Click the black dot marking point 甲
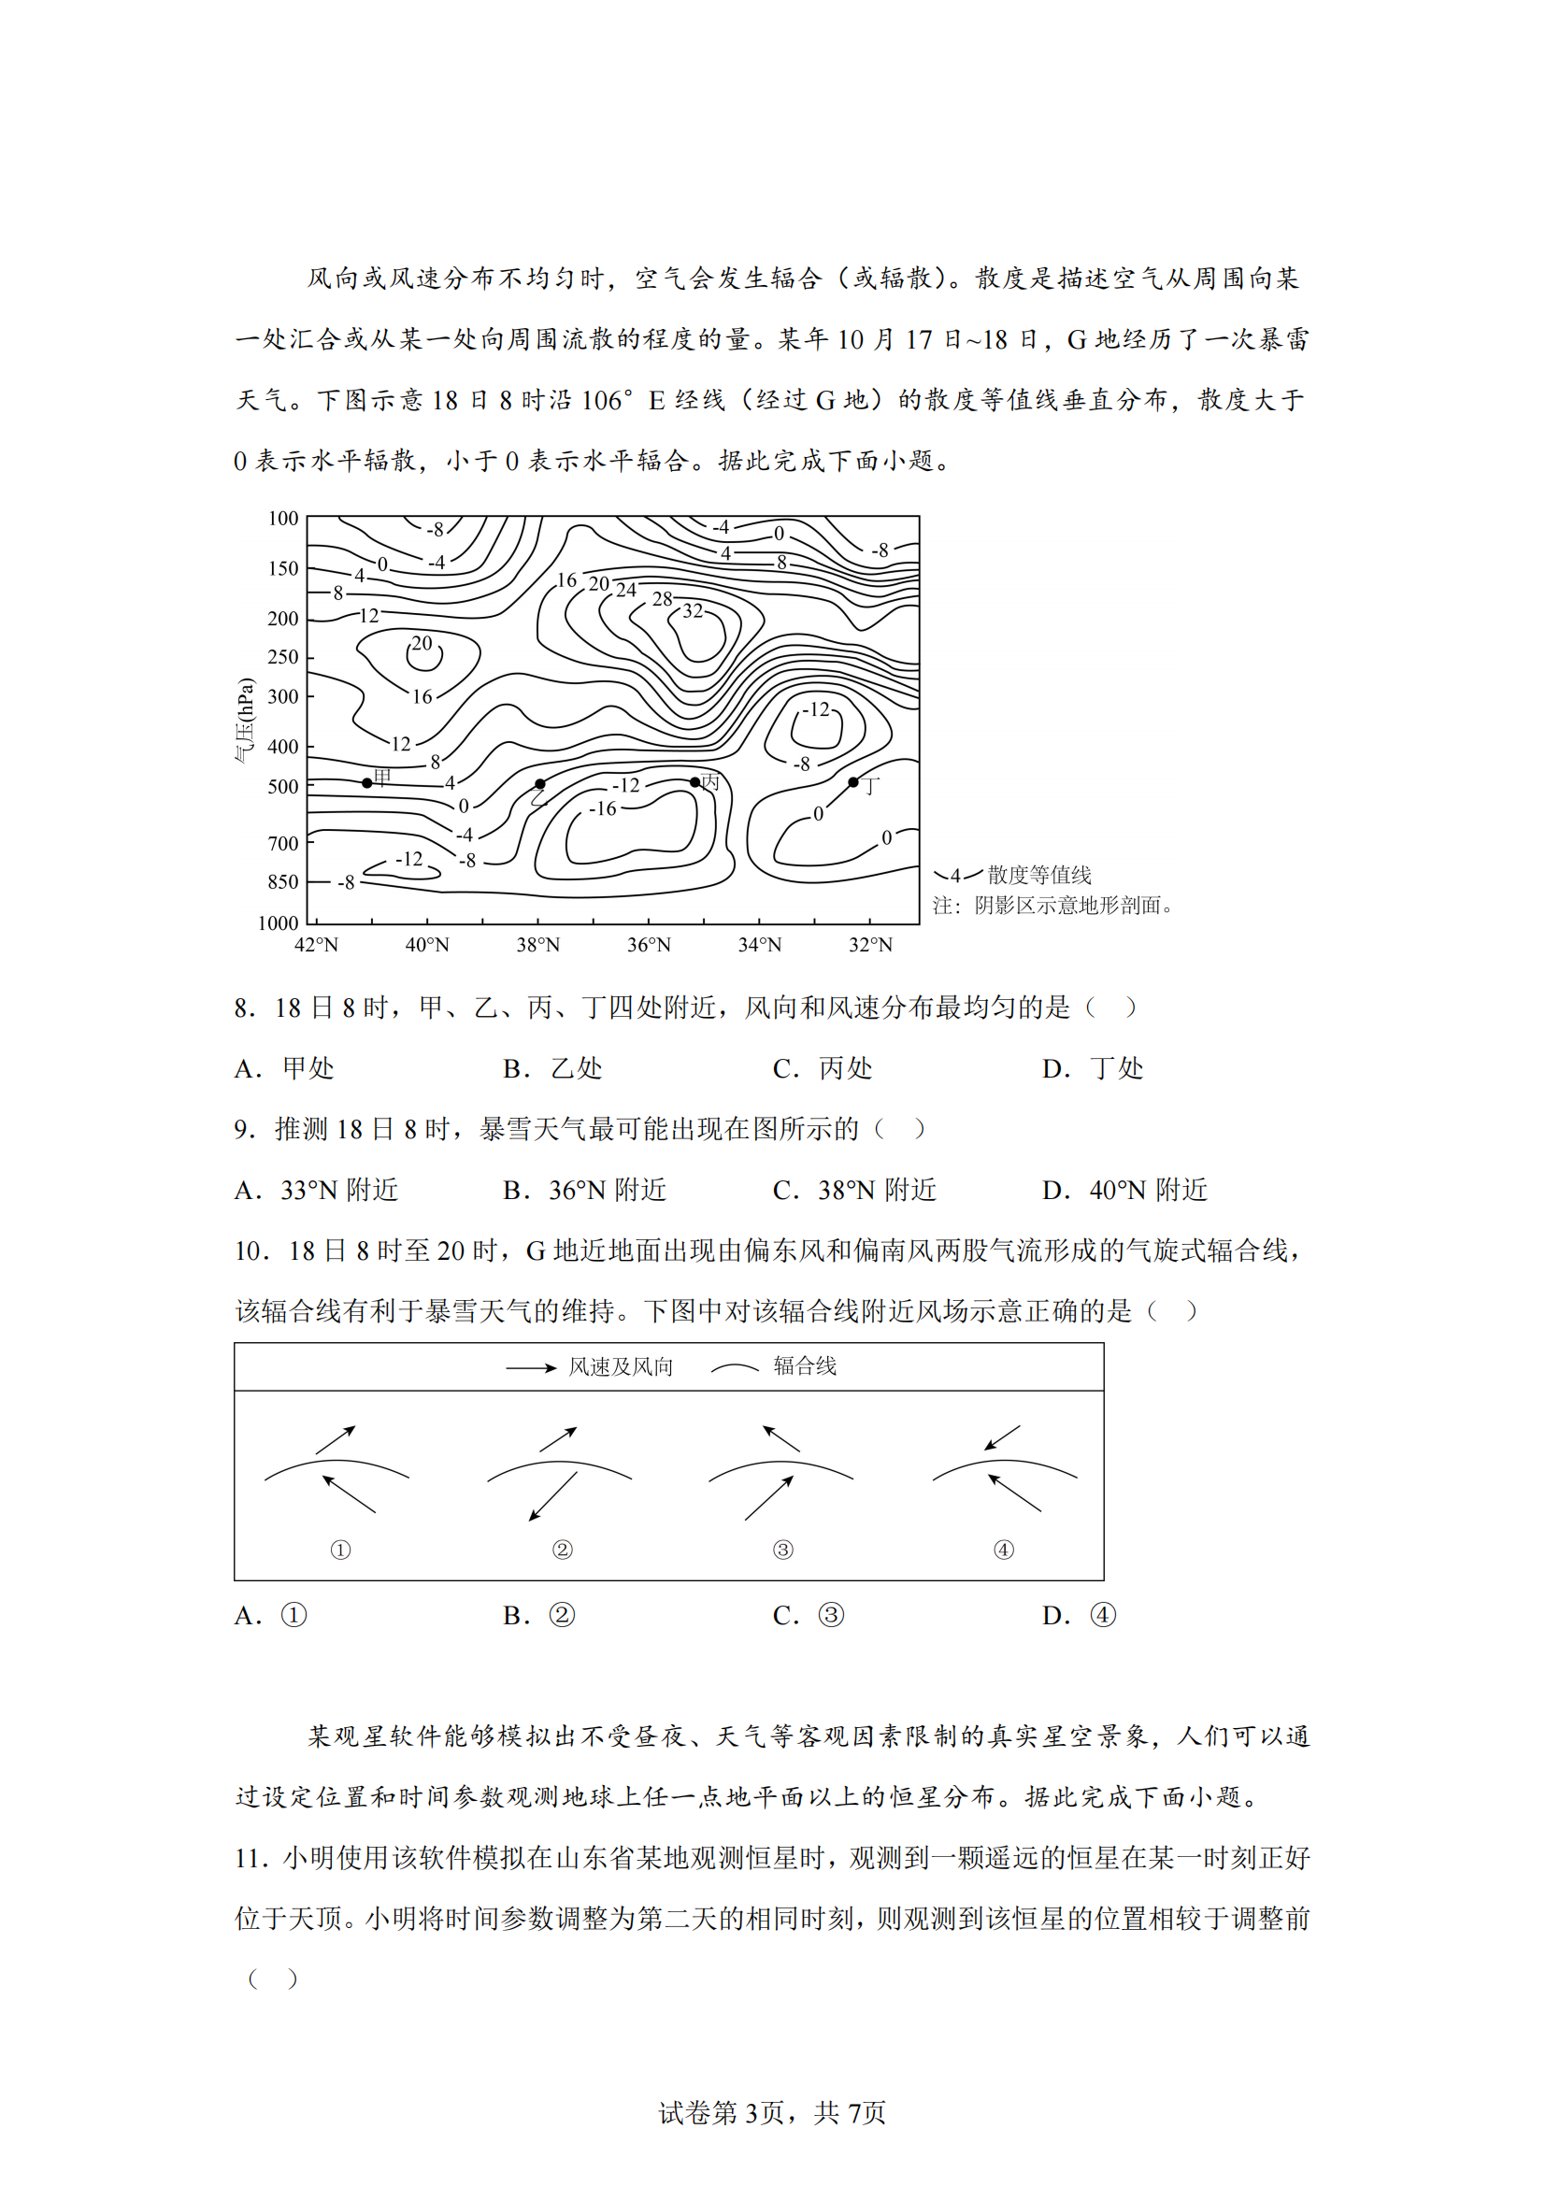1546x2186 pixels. [x=367, y=782]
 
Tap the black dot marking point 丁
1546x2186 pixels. [x=853, y=782]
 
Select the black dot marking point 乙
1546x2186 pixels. [x=539, y=783]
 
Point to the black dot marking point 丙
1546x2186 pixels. [x=694, y=782]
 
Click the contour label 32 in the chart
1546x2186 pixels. [x=693, y=611]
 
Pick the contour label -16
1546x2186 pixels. [x=602, y=809]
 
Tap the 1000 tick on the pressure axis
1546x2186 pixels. [x=278, y=922]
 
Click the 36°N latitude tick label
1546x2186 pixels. [x=649, y=945]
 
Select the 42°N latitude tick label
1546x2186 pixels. [x=316, y=945]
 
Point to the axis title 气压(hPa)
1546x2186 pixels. [x=246, y=720]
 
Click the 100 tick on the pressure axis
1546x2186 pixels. [x=282, y=519]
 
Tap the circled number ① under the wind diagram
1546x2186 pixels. [x=340, y=1550]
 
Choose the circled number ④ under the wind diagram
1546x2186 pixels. [x=1003, y=1550]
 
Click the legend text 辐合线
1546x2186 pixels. [x=805, y=1366]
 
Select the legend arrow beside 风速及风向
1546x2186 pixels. [x=530, y=1368]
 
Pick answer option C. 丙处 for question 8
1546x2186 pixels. [x=822, y=1068]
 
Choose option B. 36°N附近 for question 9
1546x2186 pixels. [x=584, y=1190]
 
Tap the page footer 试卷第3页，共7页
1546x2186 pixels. [x=772, y=2113]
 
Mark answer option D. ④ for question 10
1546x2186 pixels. [x=1079, y=1616]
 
